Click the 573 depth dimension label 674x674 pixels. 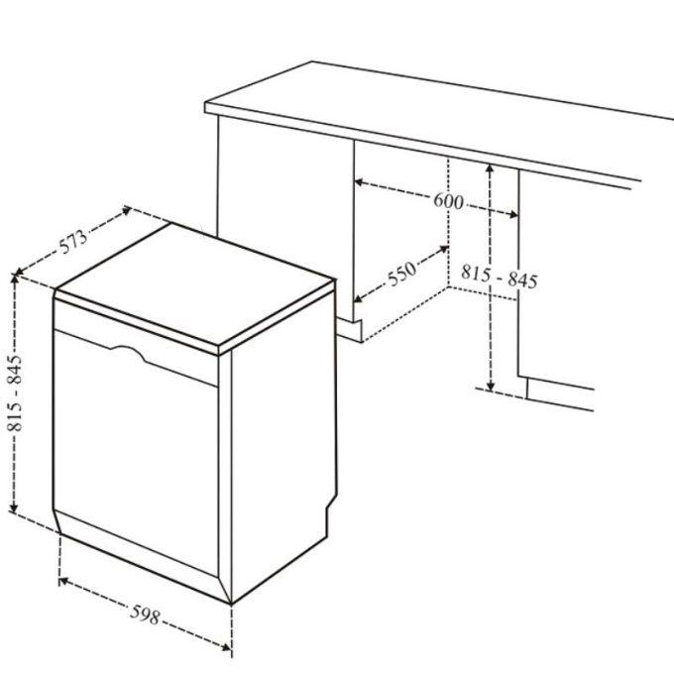pos(73,241)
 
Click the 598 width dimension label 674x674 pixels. pos(146,615)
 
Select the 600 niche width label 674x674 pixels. pos(448,201)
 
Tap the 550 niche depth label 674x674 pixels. pos(401,274)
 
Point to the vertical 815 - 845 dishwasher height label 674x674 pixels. pos(16,393)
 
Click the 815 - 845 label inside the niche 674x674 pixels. pos(499,278)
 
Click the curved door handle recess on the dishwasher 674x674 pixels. pos(129,352)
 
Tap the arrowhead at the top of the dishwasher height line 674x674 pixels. pos(15,279)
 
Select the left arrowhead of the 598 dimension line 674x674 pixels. pos(63,582)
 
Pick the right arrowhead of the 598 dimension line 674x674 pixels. pos(227,646)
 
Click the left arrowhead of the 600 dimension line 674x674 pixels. pos(359,182)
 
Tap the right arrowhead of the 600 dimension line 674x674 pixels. pos(513,214)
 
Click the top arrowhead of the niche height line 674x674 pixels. pos(490,169)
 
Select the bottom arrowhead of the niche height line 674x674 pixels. pos(491,386)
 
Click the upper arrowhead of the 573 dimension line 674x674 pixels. pos(126,210)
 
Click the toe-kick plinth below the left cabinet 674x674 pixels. pos(349,330)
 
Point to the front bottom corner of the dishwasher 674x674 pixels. pos(231,604)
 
